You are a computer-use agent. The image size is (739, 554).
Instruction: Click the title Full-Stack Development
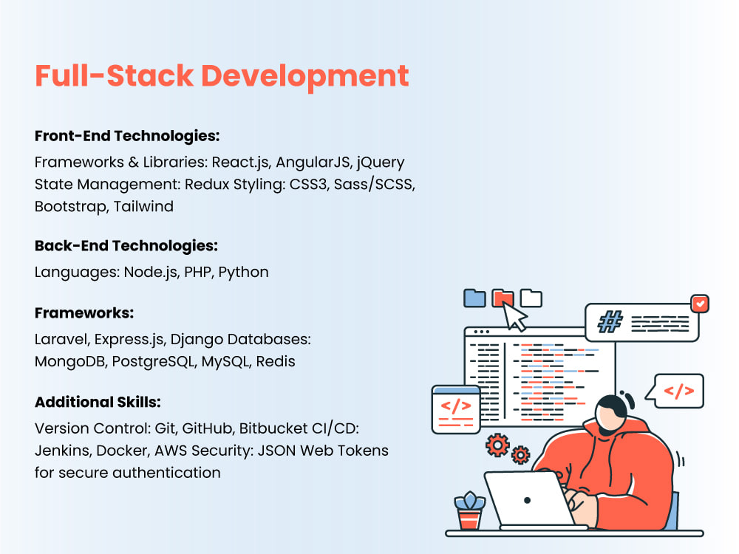(x=222, y=76)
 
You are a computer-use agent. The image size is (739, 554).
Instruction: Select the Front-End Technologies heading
(x=128, y=137)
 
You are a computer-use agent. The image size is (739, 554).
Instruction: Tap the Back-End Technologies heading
(x=126, y=246)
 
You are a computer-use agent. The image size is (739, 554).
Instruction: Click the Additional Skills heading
(x=98, y=403)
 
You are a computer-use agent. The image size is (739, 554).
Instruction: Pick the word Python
(x=243, y=272)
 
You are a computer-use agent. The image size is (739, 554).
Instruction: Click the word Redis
(x=276, y=363)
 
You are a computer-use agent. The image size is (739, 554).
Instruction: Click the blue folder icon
(x=474, y=298)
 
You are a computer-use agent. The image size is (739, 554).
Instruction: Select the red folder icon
(x=503, y=298)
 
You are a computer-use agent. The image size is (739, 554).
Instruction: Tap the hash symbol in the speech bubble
(x=610, y=322)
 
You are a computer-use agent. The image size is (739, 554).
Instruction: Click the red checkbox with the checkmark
(x=698, y=303)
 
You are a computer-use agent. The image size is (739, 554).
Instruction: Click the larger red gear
(x=497, y=445)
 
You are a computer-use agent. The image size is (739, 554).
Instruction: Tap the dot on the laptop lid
(x=526, y=500)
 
